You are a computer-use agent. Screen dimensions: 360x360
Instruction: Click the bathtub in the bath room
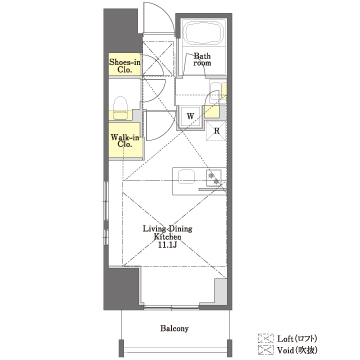(204, 32)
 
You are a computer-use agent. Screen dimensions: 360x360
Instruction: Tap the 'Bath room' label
(202, 59)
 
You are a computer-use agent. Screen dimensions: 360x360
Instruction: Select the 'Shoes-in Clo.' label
(125, 66)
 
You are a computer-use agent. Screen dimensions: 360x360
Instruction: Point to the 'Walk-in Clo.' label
(125, 140)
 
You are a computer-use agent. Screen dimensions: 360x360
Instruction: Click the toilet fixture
(121, 108)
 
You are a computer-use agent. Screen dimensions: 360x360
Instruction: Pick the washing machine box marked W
(190, 116)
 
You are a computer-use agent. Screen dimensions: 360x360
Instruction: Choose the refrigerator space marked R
(217, 131)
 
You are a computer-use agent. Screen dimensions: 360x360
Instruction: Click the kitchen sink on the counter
(186, 176)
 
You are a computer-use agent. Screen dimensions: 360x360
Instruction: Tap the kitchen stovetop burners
(214, 178)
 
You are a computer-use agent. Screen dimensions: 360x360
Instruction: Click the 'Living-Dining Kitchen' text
(167, 233)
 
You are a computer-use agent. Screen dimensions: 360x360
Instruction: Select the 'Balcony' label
(174, 329)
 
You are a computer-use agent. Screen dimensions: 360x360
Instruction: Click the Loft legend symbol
(266, 339)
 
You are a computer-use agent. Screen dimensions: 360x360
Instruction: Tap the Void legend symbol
(266, 350)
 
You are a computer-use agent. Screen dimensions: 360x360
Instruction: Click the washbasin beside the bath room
(214, 90)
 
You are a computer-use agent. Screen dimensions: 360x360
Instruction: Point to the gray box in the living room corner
(220, 291)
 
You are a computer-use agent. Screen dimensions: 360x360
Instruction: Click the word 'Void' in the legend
(285, 350)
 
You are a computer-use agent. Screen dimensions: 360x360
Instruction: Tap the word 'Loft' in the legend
(284, 339)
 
